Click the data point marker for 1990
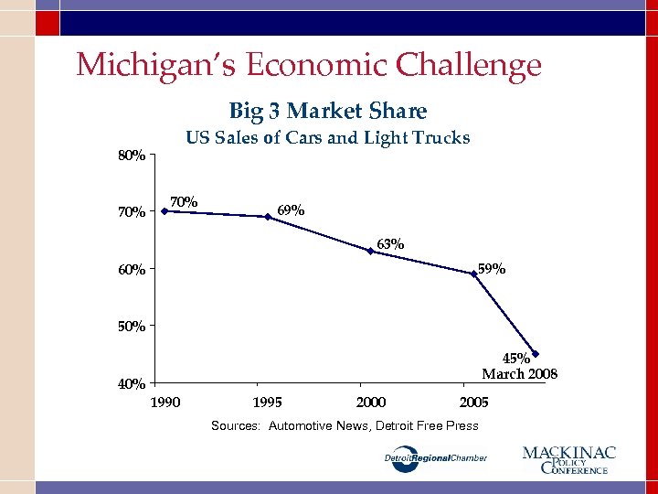tap(164, 211)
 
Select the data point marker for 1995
tap(268, 217)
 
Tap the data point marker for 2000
tap(370, 251)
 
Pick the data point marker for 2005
tap(473, 273)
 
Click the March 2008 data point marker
tap(536, 354)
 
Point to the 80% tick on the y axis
tap(132, 156)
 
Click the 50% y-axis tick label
tap(132, 326)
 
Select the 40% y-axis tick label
tap(132, 383)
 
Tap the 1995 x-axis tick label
tap(268, 403)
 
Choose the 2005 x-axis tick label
tap(473, 403)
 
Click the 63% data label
tap(390, 244)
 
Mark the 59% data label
tap(492, 269)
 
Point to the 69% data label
tap(291, 210)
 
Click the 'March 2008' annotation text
tap(519, 373)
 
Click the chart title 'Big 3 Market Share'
tap(327, 112)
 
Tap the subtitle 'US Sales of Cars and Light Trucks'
tap(327, 138)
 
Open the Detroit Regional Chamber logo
tap(434, 458)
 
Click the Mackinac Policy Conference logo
tap(568, 459)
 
